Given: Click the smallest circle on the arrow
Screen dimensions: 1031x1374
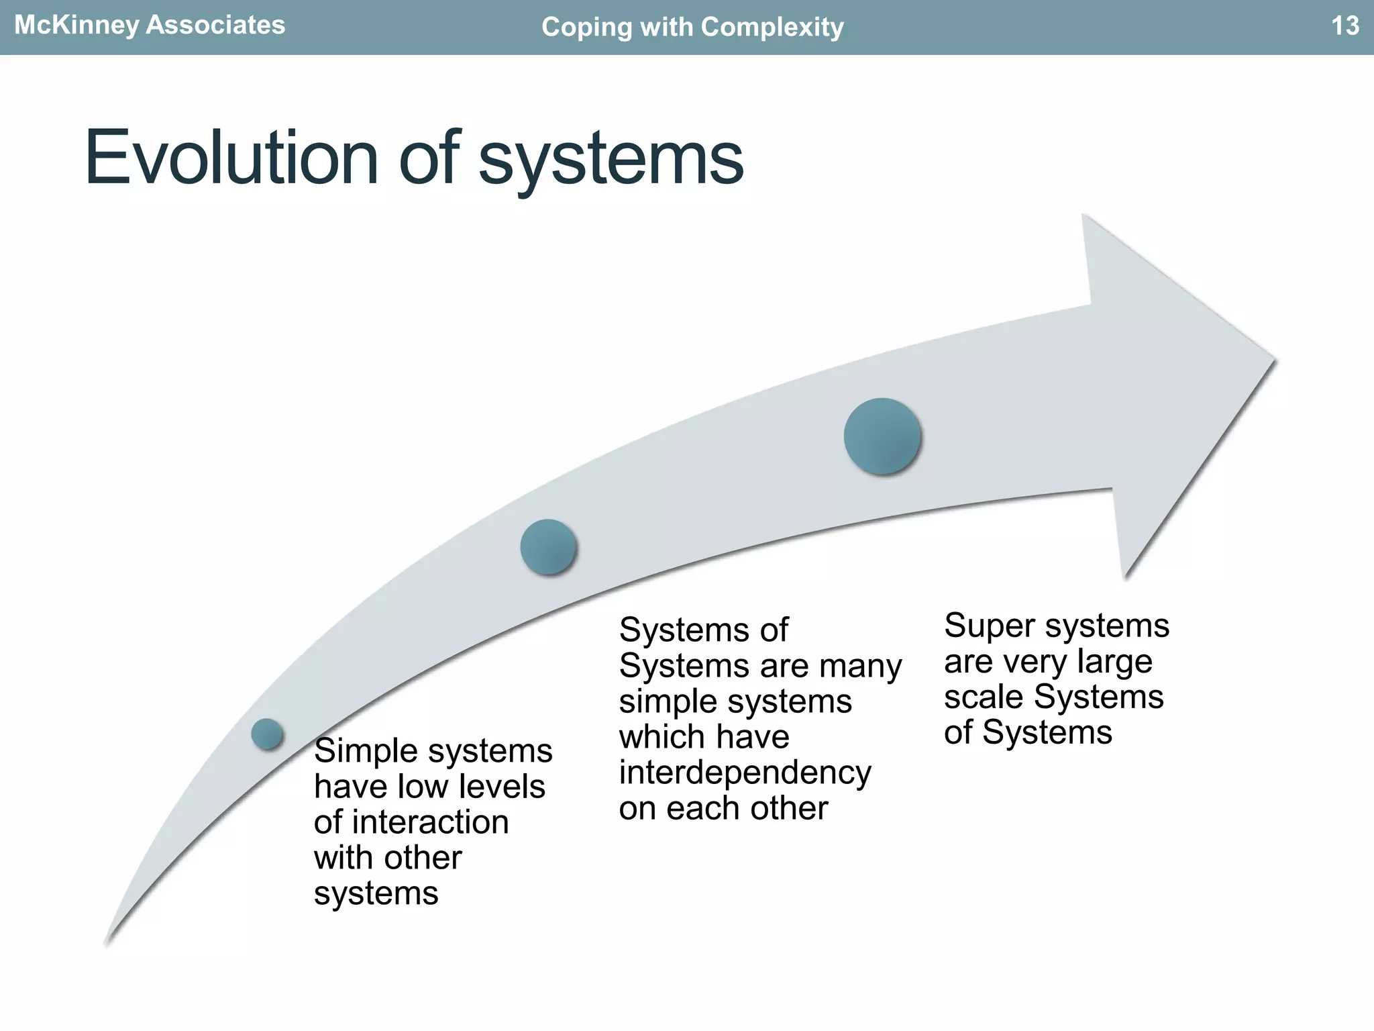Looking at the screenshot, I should (267, 734).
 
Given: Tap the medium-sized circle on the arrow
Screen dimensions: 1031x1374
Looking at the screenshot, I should (549, 547).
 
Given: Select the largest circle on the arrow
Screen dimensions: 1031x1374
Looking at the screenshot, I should (882, 436).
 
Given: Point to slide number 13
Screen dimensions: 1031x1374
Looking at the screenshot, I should (1344, 26).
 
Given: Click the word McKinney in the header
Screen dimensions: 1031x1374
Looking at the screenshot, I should (76, 26).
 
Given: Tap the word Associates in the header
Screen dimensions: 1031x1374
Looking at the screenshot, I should (215, 26).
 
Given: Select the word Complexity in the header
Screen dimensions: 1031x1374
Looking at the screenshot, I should (772, 28).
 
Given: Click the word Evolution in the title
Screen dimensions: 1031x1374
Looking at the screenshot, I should (231, 158).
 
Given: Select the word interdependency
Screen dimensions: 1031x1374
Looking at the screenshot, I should (745, 773).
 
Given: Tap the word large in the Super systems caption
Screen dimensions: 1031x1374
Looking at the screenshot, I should (1114, 662).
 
